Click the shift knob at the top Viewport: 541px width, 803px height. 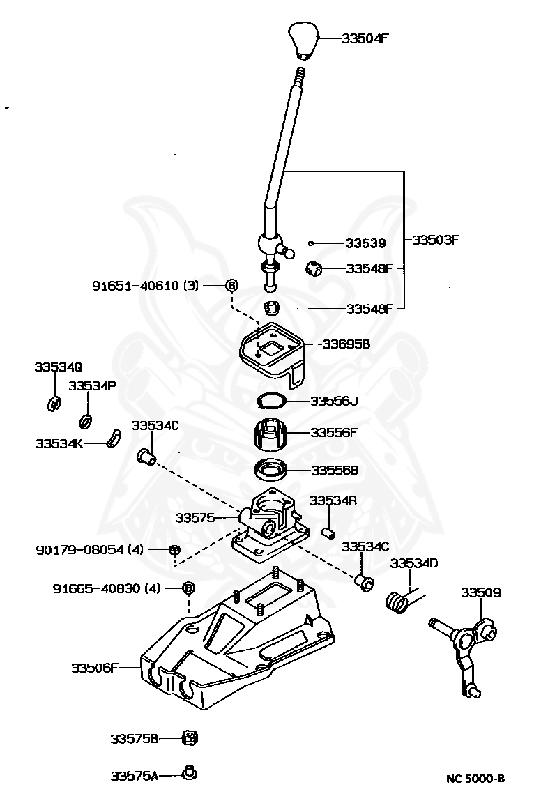303,40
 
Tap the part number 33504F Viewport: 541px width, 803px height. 365,38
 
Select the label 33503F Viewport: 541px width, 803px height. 435,240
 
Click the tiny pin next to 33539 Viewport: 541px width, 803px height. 310,243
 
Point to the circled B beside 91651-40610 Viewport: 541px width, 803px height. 231,285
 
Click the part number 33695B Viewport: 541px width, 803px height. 346,344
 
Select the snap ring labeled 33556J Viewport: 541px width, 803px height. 271,401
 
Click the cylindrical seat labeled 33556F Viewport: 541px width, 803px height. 271,433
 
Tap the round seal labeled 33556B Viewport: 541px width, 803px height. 271,470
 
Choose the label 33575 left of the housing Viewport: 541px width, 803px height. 195,518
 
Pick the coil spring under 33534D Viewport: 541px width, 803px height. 397,601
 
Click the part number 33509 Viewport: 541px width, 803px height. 480,592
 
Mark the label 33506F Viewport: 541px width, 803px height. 95,668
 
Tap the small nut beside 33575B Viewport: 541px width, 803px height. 190,738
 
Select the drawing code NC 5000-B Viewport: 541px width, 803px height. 475,779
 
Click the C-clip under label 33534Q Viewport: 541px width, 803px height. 54,404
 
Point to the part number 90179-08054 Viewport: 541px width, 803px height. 80,550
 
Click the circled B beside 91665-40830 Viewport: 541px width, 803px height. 188,588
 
